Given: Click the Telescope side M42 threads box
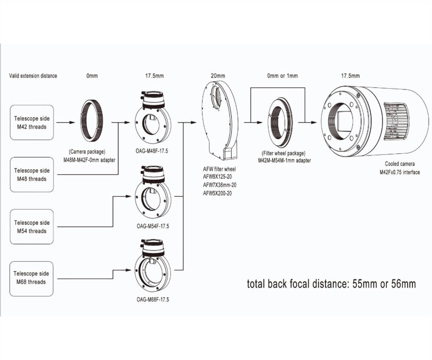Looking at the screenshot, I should [32, 122].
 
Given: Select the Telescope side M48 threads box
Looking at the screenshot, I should [32, 174].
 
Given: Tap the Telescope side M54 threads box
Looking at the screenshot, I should [32, 226].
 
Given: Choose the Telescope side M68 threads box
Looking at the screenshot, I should [32, 278].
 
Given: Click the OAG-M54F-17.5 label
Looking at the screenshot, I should [152, 226].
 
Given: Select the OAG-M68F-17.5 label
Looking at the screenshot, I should [152, 299].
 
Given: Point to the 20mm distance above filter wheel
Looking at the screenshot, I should [218, 76].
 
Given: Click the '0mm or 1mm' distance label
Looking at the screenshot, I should [282, 76].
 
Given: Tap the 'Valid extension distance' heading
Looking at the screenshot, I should [33, 76].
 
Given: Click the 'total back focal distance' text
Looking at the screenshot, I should [332, 284].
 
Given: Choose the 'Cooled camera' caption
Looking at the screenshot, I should [400, 164].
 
